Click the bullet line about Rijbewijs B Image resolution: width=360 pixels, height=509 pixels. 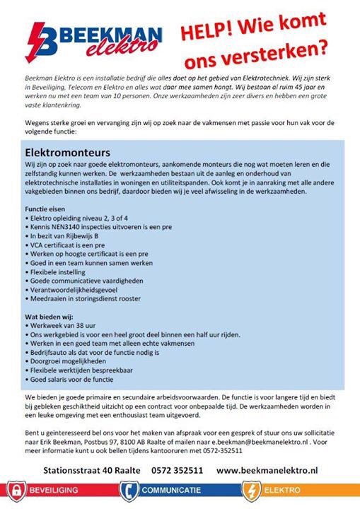point(65,236)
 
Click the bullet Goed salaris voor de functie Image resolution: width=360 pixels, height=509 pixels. point(74,378)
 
